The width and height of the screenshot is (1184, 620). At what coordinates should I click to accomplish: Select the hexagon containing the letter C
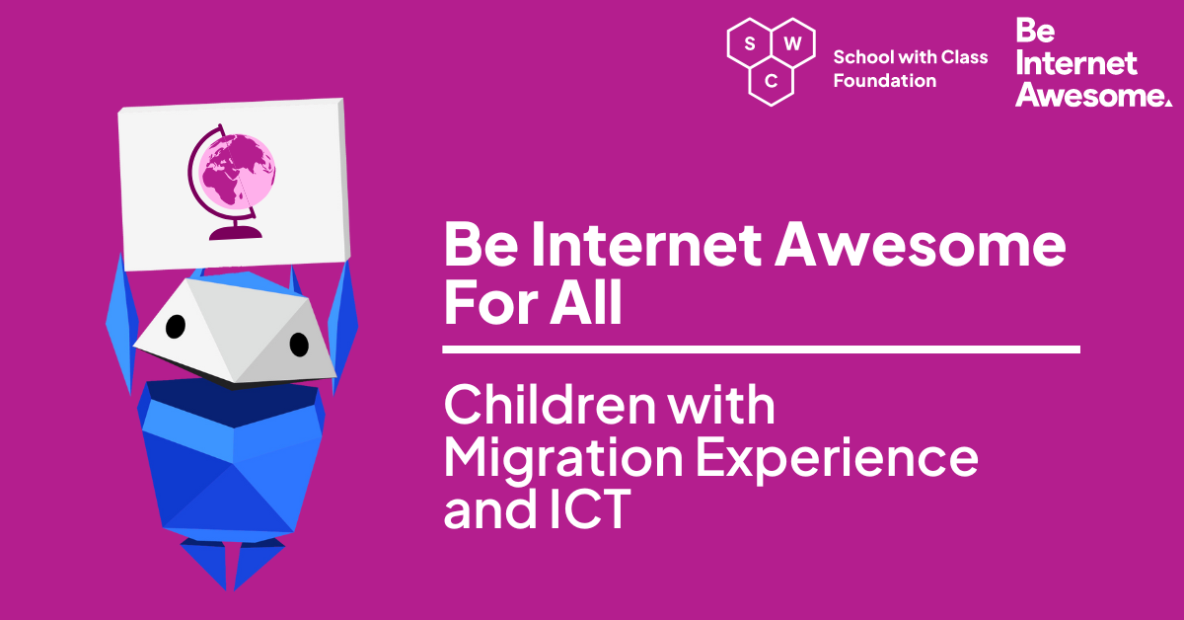click(771, 81)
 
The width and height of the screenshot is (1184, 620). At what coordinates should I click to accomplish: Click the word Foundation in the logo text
click(884, 81)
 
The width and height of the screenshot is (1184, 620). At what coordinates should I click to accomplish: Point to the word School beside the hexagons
click(859, 57)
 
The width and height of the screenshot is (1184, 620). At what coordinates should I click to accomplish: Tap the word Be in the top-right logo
click(1035, 31)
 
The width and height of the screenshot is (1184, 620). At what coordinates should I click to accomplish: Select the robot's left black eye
click(175, 325)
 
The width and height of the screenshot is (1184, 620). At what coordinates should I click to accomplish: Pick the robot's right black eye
click(298, 344)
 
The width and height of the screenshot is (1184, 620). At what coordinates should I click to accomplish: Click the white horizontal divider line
click(761, 349)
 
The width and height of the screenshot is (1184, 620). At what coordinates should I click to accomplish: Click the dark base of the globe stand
click(235, 233)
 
